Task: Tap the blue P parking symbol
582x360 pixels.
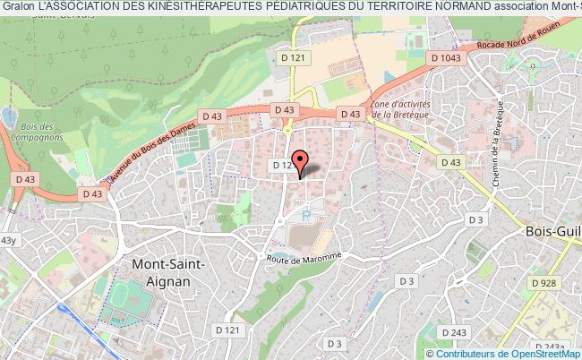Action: coord(305,215)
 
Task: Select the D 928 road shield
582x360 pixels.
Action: coord(542,283)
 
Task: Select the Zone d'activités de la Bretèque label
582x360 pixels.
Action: coord(402,109)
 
